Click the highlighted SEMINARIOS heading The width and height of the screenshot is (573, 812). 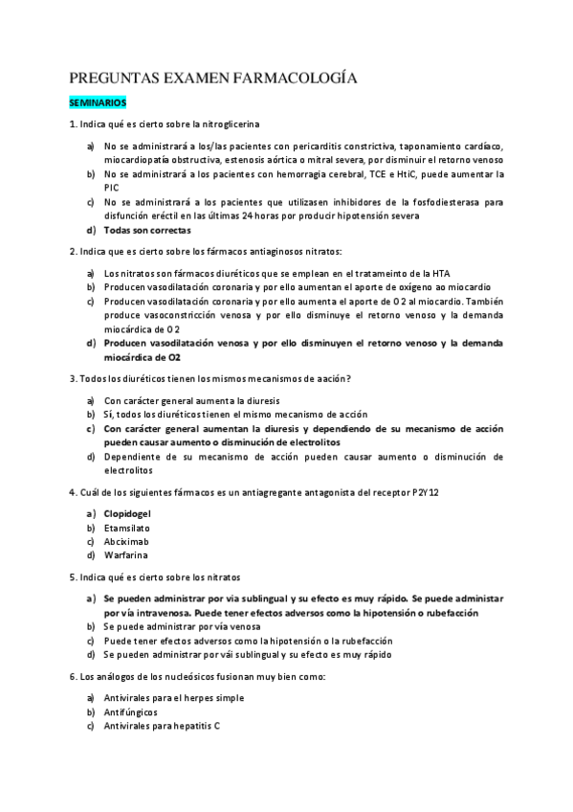pos(99,101)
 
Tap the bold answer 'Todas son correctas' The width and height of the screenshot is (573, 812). pos(147,230)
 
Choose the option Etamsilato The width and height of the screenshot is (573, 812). pos(127,528)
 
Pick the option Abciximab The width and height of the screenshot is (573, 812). pos(127,541)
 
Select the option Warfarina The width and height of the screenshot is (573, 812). pos(126,554)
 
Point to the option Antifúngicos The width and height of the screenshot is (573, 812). pos(131,712)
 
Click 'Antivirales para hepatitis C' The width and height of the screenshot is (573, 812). pos(162,726)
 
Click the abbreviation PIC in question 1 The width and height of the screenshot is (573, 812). pos(112,189)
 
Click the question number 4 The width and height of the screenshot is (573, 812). pos(73,492)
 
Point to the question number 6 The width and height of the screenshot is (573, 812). pos(73,677)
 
